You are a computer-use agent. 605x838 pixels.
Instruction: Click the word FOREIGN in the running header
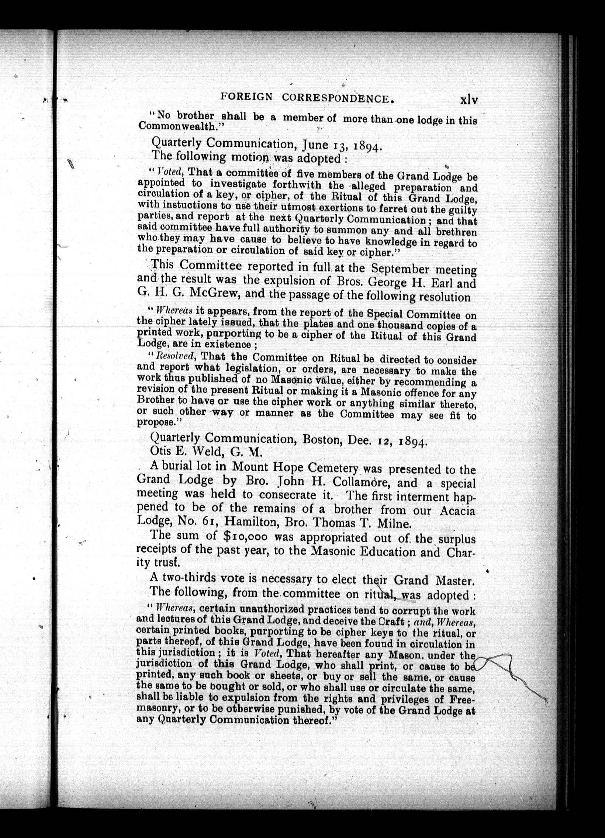coord(246,97)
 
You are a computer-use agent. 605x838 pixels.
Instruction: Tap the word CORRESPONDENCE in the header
coord(336,98)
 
